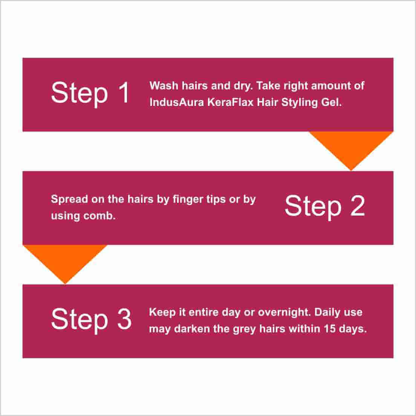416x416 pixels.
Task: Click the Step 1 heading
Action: (x=90, y=93)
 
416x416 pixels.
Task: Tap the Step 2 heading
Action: (x=324, y=206)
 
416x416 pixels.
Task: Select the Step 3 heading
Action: (x=91, y=320)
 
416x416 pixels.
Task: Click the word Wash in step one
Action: (x=164, y=86)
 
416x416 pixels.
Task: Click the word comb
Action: (x=99, y=216)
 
